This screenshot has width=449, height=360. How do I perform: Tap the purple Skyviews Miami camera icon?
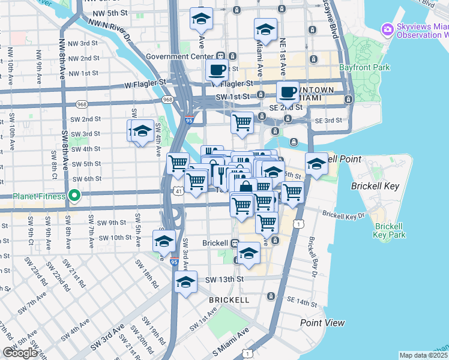[x=388, y=29]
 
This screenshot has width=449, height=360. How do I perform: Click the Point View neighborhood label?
[x=322, y=323]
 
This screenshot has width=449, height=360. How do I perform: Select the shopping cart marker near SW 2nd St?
[x=242, y=122]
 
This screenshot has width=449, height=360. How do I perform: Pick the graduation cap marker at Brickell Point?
[x=316, y=163]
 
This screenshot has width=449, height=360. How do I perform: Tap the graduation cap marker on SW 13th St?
[x=186, y=281]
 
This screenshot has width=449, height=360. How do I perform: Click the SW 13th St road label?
[x=224, y=280]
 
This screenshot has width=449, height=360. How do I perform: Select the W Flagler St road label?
[x=146, y=82]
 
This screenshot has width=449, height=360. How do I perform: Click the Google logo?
[x=20, y=353]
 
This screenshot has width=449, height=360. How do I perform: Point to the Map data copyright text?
[x=424, y=355]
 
